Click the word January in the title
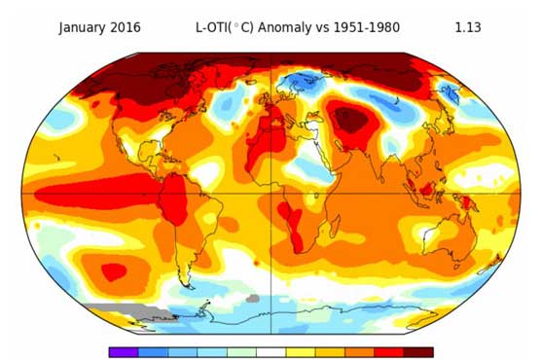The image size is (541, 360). [x=85, y=27]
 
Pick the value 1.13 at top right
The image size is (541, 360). [x=469, y=27]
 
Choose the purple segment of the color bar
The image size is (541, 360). [x=124, y=352]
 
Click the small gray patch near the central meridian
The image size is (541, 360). [x=254, y=299]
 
